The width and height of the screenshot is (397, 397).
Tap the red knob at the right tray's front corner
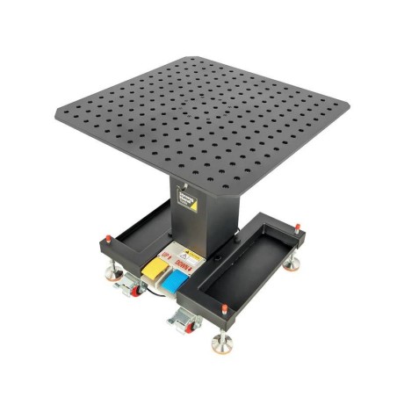pos(223,309)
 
